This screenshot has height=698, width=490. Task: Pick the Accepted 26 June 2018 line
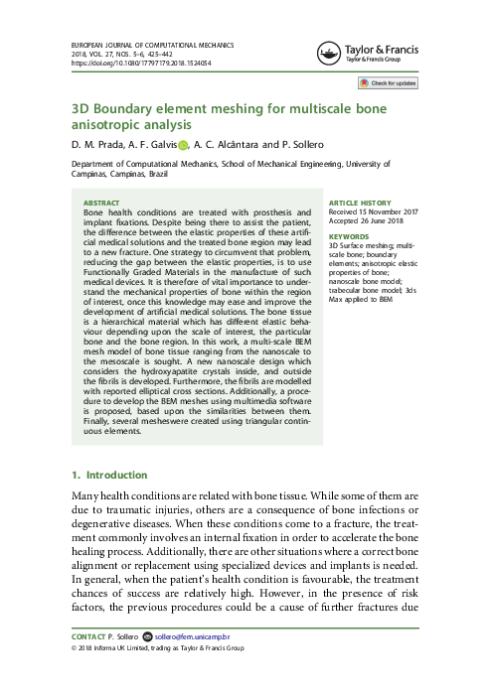367,220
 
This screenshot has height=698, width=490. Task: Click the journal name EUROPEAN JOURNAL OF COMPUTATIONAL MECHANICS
144,44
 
